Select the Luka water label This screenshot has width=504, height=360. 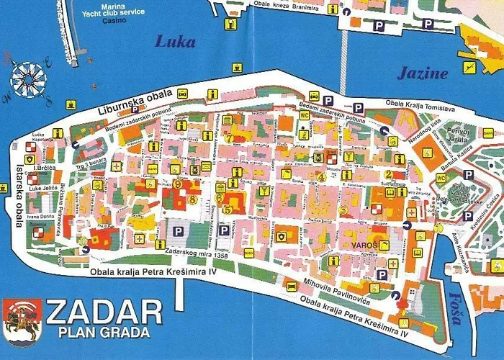(x=175, y=42)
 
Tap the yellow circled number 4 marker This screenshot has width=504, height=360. (x=322, y=176)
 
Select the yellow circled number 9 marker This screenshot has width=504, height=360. (x=177, y=184)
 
